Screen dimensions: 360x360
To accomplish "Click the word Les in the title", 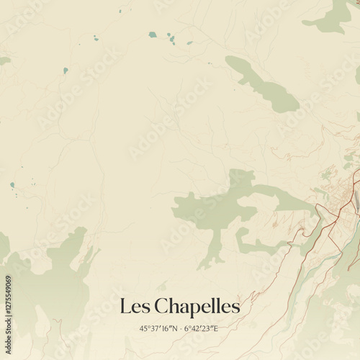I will [x=134, y=306].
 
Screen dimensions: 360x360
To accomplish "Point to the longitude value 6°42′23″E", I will [x=201, y=328].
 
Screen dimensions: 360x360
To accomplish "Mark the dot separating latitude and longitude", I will [x=180, y=328].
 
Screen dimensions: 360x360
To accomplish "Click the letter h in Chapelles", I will [x=172, y=306].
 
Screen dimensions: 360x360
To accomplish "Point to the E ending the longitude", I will [x=215, y=328].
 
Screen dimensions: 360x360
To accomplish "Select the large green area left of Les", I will [x=50, y=281].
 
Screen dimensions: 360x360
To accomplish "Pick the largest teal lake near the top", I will [x=153, y=34].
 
